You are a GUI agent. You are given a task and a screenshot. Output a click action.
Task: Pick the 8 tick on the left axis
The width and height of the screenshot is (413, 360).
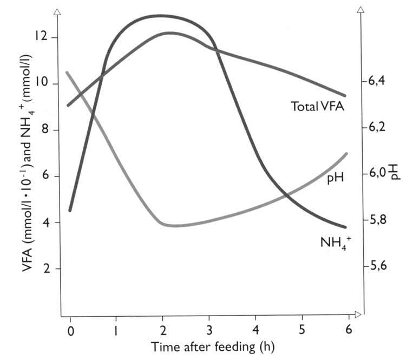click(46, 130)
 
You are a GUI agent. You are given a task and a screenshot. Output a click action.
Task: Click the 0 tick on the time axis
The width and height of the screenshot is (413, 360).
click(70, 330)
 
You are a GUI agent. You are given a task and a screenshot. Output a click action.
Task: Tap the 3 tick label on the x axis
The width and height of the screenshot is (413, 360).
click(209, 330)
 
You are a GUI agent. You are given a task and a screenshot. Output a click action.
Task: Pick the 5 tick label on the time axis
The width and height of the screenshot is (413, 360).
click(302, 330)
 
